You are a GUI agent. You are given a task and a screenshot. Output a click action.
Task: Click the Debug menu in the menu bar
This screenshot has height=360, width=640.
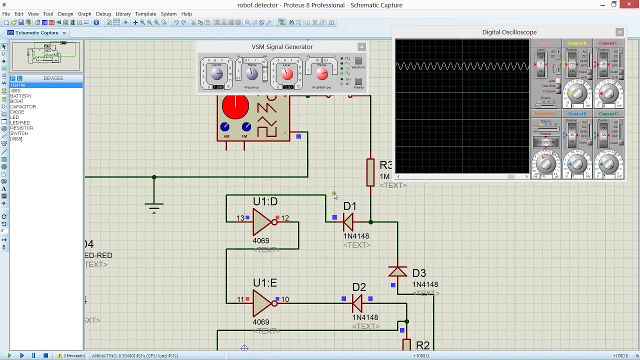coord(103,14)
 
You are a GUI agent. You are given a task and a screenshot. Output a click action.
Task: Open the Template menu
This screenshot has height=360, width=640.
coord(145,14)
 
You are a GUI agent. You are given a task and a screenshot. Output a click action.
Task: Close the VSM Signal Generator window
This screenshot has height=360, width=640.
coord(361,46)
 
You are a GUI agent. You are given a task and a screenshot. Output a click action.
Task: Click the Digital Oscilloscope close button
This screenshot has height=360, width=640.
coord(619,32)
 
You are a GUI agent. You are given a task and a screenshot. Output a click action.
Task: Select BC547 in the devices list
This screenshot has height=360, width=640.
coord(16,101)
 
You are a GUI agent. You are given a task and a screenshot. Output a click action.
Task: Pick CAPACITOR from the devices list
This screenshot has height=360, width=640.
coord(23,107)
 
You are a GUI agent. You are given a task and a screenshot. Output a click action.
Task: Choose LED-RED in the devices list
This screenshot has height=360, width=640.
coord(20,123)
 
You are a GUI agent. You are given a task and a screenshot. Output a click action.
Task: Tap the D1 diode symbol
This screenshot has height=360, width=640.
coord(348,221)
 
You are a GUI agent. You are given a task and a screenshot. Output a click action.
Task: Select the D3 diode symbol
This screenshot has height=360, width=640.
coord(397,271)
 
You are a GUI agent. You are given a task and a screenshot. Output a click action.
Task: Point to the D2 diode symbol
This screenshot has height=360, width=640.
coord(357,302)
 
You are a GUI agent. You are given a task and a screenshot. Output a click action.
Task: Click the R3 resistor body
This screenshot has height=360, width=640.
coord(370,172)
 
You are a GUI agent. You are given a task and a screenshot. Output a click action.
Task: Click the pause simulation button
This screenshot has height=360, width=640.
coord(33,355)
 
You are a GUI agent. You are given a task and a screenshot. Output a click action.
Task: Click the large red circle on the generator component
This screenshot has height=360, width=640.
coord(235,106)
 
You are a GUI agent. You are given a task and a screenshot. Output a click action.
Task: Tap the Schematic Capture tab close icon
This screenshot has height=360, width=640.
coord(64,33)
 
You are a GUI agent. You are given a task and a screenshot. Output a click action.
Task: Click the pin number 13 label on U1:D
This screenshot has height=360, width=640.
coord(240,218)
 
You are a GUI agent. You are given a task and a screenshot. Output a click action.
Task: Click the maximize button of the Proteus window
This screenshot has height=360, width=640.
coord(614,5)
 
